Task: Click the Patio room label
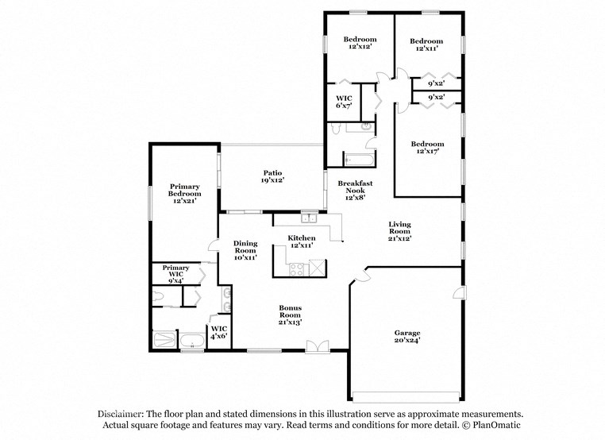pos(273,172)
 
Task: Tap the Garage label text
pos(408,332)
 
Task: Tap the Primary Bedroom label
pos(184,191)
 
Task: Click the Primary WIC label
pos(176,268)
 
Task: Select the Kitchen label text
pos(302,238)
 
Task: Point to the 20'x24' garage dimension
pos(408,340)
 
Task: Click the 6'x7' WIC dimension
pos(344,106)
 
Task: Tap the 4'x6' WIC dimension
pos(218,337)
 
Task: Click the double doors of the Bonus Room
pos(317,345)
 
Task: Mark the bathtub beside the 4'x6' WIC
pos(191,342)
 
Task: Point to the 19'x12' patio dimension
pos(273,180)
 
